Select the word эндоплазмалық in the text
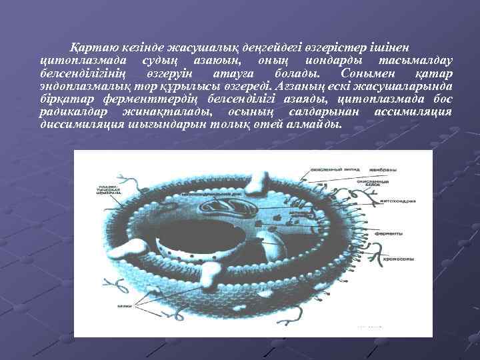[81, 86]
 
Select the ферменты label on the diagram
[388, 234]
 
